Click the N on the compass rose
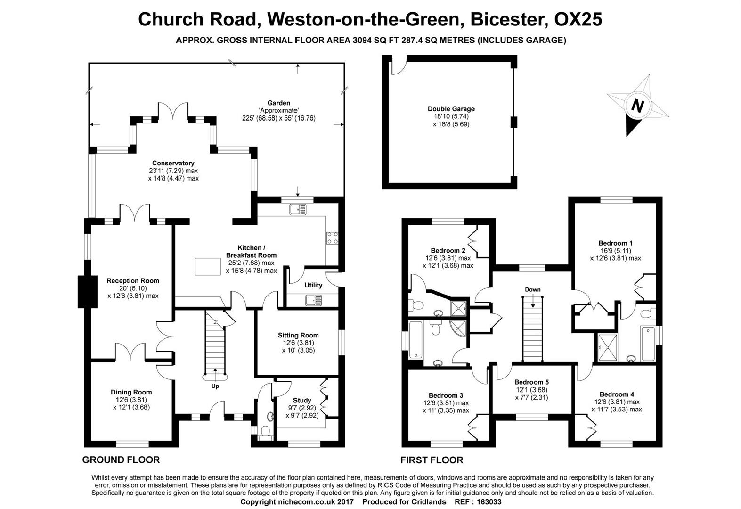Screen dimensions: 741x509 tap(637, 106)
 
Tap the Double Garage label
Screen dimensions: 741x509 tap(451, 109)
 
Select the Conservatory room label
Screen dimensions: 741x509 tap(173, 163)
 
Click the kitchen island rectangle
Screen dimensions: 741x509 tap(208, 266)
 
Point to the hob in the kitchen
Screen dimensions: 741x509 tap(333, 238)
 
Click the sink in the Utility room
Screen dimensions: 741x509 tap(313, 300)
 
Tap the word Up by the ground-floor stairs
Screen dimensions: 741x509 tap(215, 386)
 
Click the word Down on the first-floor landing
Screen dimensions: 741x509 tap(533, 289)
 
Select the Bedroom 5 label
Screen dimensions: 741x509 tap(531, 382)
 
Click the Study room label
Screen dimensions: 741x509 tap(301, 401)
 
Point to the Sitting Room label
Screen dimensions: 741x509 tap(298, 335)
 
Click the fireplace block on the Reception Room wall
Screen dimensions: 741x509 tap(88, 292)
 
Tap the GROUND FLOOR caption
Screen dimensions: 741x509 tap(121, 460)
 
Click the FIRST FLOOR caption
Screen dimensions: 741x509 tap(432, 460)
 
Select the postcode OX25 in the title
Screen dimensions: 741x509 tap(578, 19)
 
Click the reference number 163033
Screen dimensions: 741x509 tap(489, 502)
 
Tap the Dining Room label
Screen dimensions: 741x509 tap(131, 392)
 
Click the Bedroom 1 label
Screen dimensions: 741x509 tap(615, 243)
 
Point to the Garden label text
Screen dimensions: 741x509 tap(278, 103)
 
